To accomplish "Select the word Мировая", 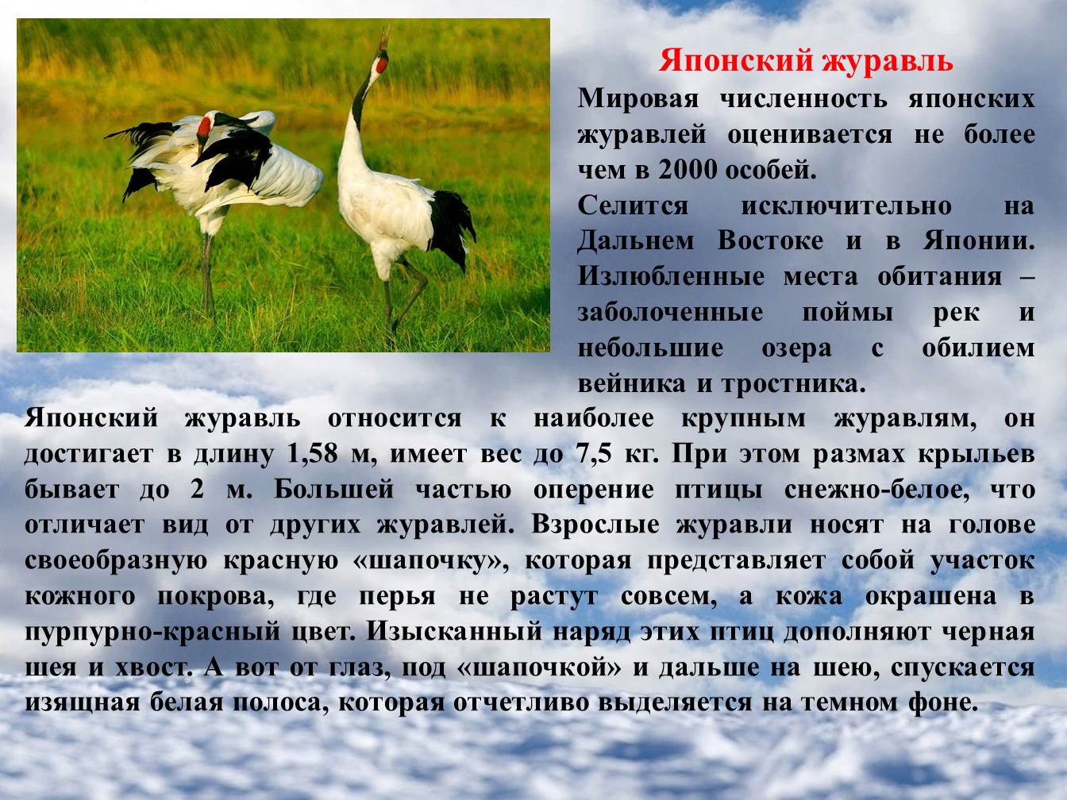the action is (638, 99).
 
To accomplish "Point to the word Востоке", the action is (770, 241).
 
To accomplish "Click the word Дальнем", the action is (636, 241).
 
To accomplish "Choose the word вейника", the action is (633, 383).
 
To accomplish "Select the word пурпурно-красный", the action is (152, 632).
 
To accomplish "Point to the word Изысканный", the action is (455, 632).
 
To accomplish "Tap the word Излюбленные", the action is (672, 277).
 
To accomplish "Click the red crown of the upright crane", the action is (383, 63).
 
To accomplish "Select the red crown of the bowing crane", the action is (204, 127).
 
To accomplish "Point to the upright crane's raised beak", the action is (385, 38).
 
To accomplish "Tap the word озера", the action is (797, 349).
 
